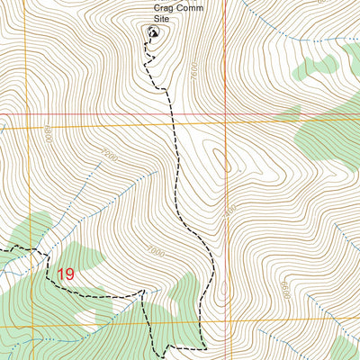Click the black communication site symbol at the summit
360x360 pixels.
click(151, 33)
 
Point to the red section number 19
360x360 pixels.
click(65, 274)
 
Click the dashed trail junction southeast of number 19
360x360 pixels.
click(142, 292)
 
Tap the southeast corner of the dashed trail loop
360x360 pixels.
click(205, 346)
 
